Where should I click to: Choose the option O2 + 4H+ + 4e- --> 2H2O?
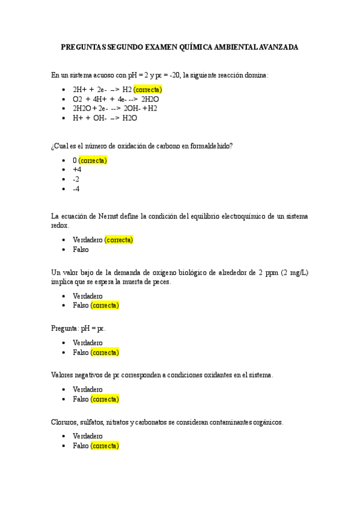(x=115, y=99)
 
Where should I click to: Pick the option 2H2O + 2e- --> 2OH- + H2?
(x=115, y=108)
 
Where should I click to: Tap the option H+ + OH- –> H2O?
(x=105, y=118)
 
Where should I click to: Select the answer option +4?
(x=76, y=170)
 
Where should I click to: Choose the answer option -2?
(x=76, y=179)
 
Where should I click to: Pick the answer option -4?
(x=76, y=189)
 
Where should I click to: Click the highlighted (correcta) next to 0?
(x=93, y=161)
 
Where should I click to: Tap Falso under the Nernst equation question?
(x=81, y=250)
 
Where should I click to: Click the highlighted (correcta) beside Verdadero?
(x=118, y=240)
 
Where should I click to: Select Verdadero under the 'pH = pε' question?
(x=87, y=343)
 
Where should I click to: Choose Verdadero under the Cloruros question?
(x=87, y=437)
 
